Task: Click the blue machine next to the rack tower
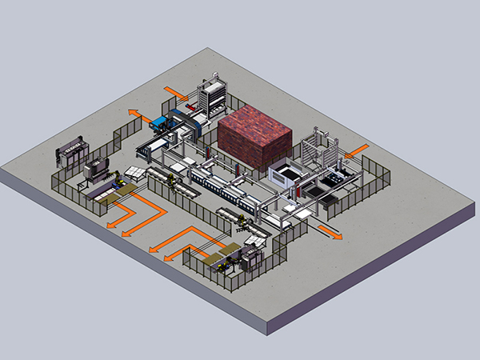[165, 122]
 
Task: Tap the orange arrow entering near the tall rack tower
[175, 92]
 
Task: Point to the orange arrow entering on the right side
[357, 150]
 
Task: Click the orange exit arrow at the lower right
[330, 231]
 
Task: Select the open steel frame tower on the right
[317, 148]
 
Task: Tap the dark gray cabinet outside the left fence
[71, 151]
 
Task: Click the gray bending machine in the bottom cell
[251, 257]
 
